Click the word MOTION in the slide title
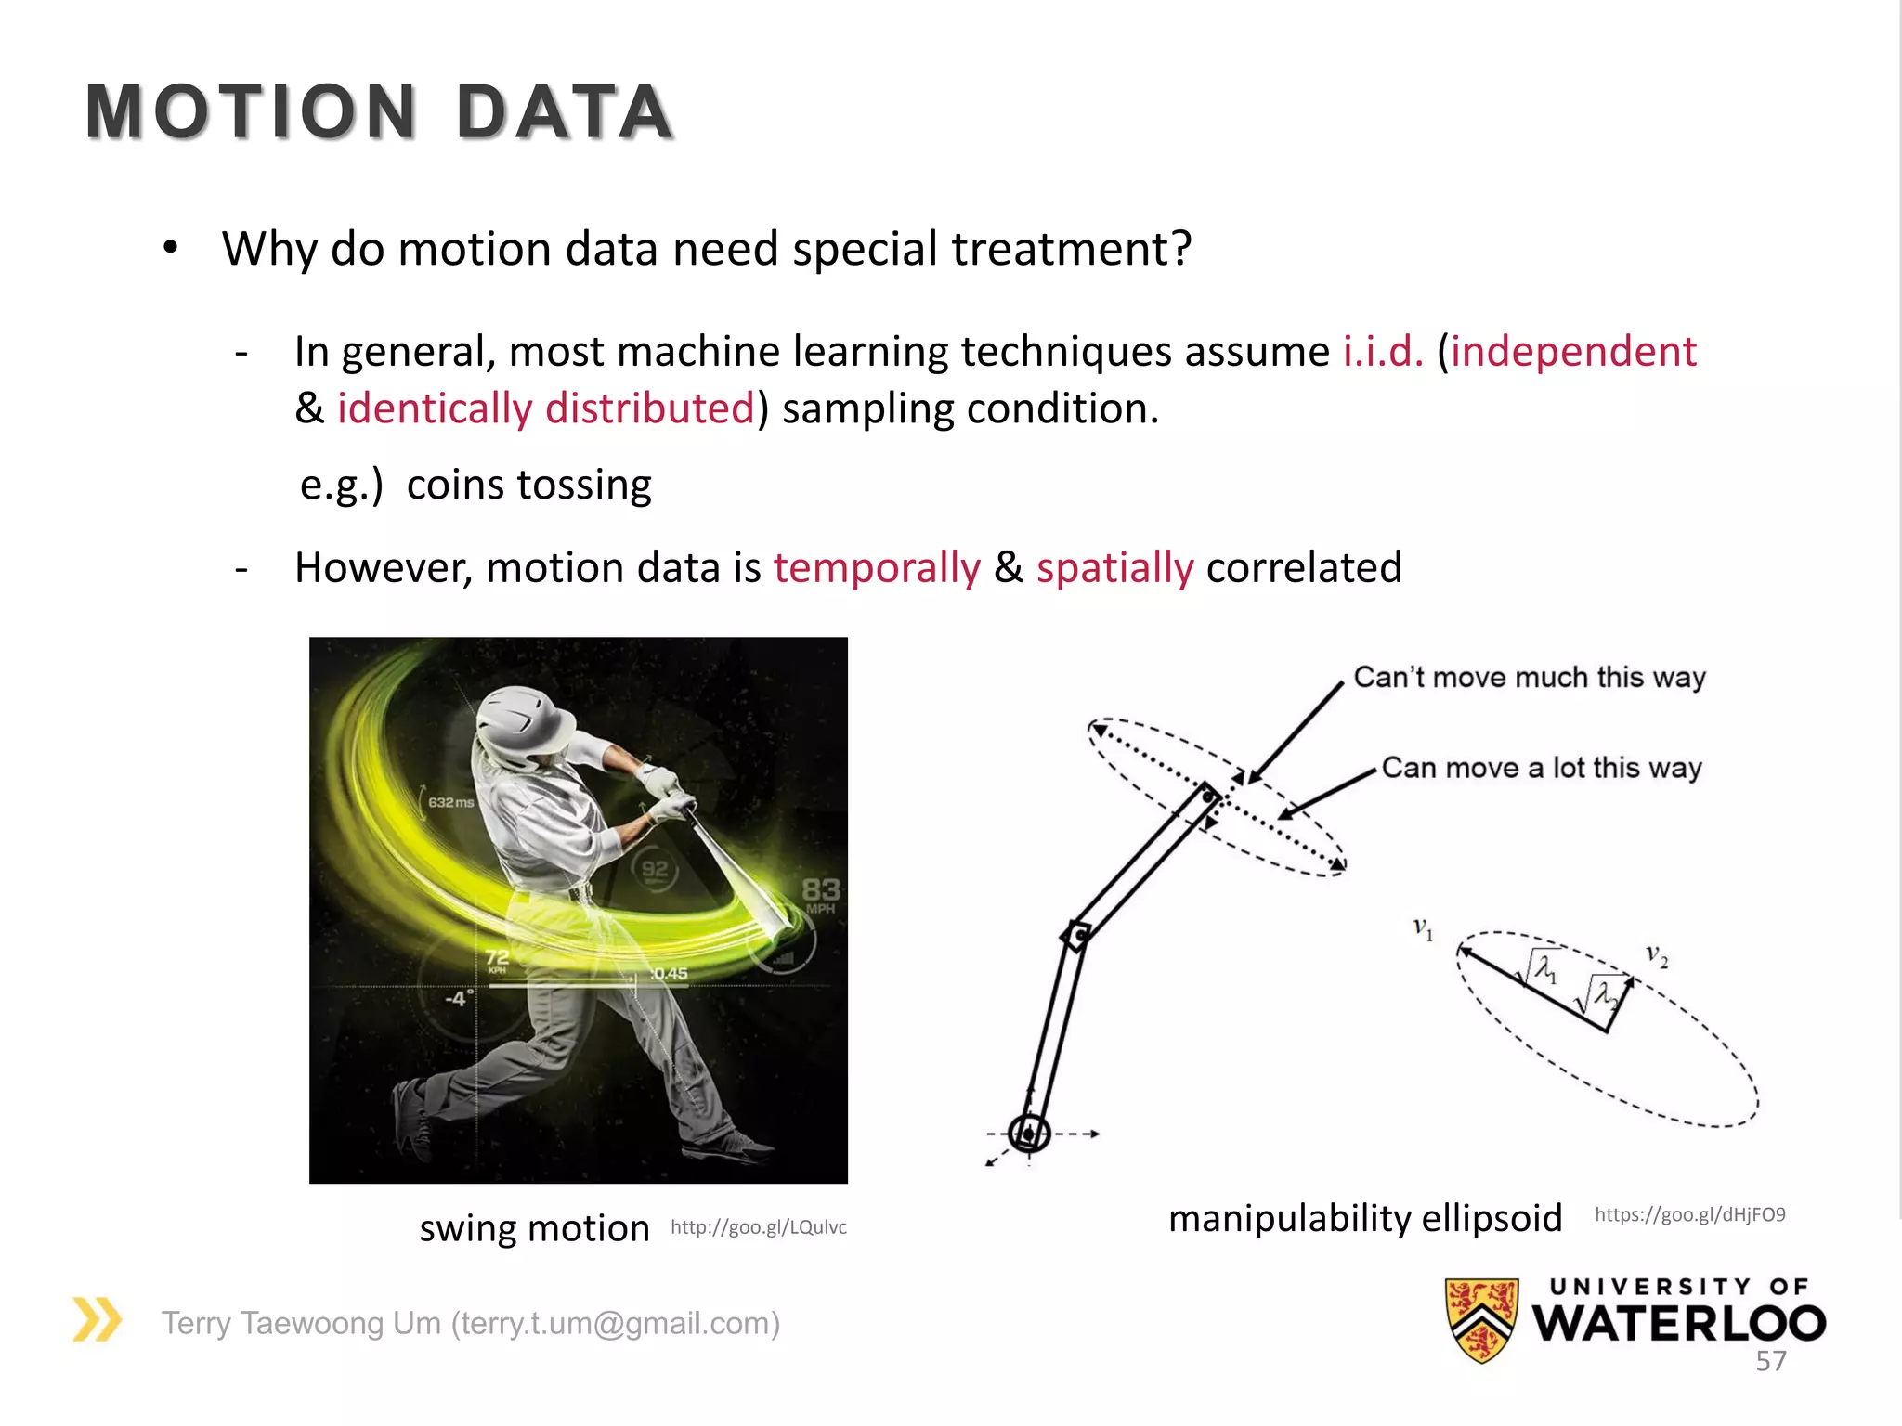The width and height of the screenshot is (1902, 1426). coord(251,112)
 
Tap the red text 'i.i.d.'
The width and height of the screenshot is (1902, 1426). coord(1383,352)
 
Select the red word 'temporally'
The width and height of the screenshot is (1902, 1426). coord(877,567)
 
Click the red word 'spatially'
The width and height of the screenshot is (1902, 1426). coord(1114,567)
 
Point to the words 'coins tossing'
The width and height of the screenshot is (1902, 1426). coord(528,485)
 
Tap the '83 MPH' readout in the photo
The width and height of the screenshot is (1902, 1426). coord(821,895)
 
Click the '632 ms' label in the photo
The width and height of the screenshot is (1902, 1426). coord(451,802)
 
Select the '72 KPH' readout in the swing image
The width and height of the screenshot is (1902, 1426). coord(498,960)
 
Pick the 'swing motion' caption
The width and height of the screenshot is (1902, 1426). coord(534,1228)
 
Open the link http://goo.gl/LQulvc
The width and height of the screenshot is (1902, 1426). coord(759,1227)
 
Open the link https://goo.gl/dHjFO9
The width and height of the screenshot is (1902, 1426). coord(1689,1214)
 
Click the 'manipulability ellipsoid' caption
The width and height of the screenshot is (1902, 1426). coord(1365,1218)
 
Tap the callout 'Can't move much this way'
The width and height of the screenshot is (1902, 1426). coord(1529,677)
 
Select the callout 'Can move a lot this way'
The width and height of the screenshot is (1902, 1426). coord(1542,768)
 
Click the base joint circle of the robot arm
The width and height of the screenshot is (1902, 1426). coord(1029,1134)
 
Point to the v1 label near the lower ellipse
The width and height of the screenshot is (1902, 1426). coord(1423,927)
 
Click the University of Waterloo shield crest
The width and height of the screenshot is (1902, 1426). coord(1481,1319)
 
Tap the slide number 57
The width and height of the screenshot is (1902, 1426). coord(1770,1361)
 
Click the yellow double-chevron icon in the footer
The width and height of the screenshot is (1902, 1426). coord(98,1319)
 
